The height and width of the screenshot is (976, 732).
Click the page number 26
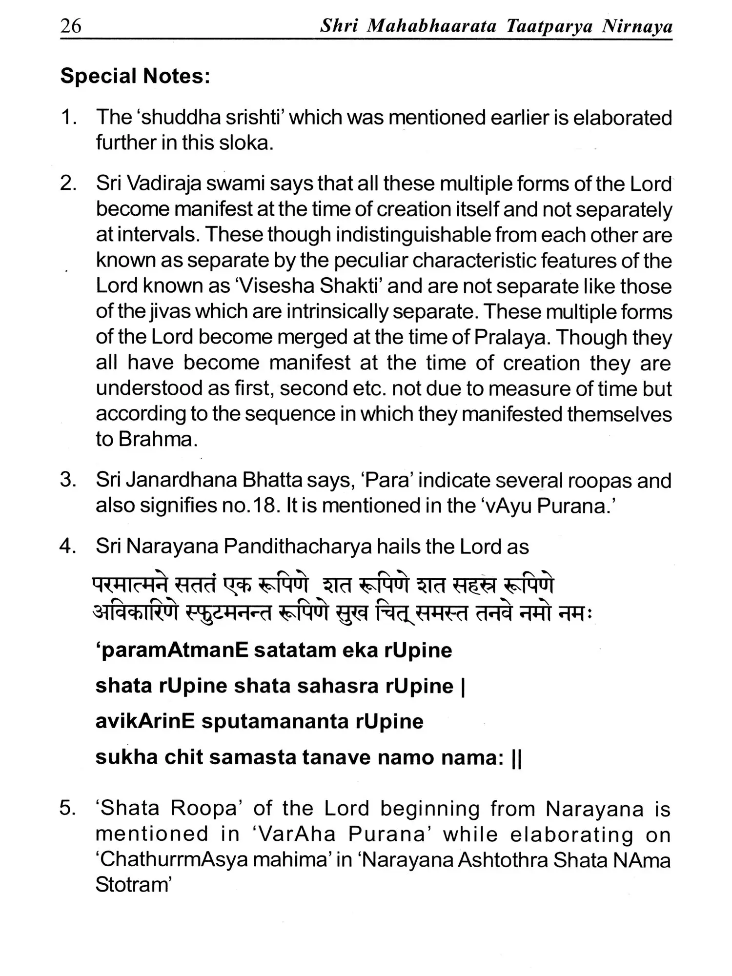[71, 25]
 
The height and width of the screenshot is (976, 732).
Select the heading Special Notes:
[135, 76]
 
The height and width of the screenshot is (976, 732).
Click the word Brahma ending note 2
[146, 439]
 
